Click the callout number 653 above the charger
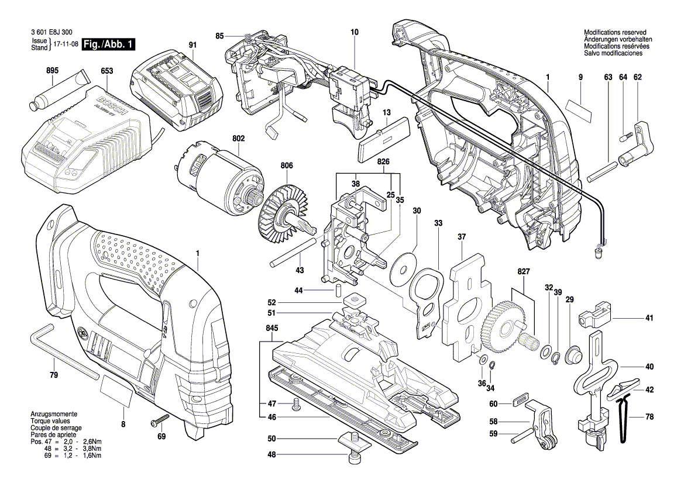107,71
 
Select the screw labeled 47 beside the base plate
295,404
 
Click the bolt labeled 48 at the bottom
354,457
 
